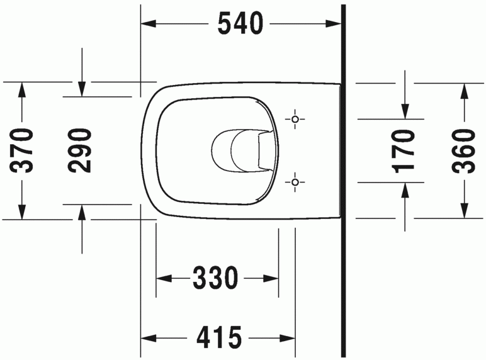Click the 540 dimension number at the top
[x=240, y=24]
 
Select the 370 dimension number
[x=23, y=150]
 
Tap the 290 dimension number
[x=80, y=150]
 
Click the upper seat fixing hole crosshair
[x=295, y=119]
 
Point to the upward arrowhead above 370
[x=23, y=89]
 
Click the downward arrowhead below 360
[x=463, y=211]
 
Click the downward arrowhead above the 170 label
[x=404, y=110]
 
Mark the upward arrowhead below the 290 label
[x=81, y=211]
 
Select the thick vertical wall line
[x=343, y=189]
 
